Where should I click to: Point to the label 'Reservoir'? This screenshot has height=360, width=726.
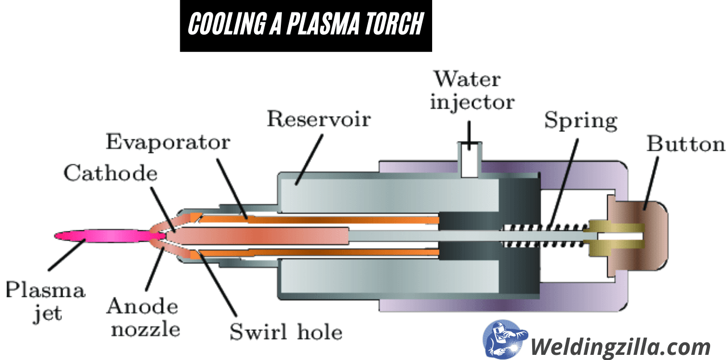coord(318,119)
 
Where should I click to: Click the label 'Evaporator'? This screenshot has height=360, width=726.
coord(168,142)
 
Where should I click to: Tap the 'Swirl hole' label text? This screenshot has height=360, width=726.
coord(286,332)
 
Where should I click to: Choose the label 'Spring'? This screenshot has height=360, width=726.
coord(580,121)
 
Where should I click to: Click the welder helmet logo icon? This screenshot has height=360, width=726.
coord(504,341)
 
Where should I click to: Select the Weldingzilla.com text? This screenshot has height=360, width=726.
coord(620,345)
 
